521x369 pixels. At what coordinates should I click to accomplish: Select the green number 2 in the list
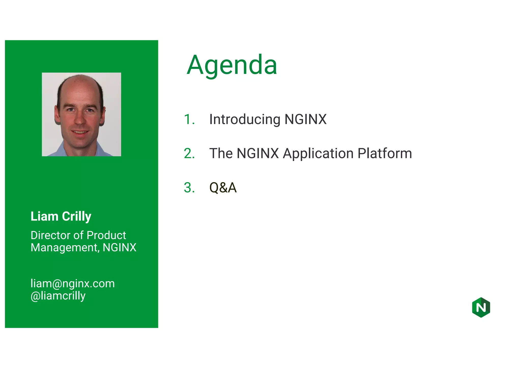tap(189, 153)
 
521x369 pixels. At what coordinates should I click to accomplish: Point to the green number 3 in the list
tap(189, 188)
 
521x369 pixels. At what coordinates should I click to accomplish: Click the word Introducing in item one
tap(245, 119)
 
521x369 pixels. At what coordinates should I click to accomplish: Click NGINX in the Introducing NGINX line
tap(305, 119)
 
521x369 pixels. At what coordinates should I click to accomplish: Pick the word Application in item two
tap(318, 153)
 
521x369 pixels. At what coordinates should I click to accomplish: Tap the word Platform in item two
tap(385, 153)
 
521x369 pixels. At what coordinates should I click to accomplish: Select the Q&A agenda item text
tap(223, 188)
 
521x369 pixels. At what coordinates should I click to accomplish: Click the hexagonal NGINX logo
tap(481, 307)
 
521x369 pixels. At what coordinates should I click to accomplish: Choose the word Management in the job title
tap(65, 247)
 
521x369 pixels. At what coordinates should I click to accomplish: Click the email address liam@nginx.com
tap(73, 283)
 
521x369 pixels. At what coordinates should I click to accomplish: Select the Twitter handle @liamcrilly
tap(58, 296)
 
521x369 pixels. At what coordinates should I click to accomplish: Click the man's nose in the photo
tap(80, 120)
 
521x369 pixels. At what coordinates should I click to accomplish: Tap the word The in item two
tap(221, 153)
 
